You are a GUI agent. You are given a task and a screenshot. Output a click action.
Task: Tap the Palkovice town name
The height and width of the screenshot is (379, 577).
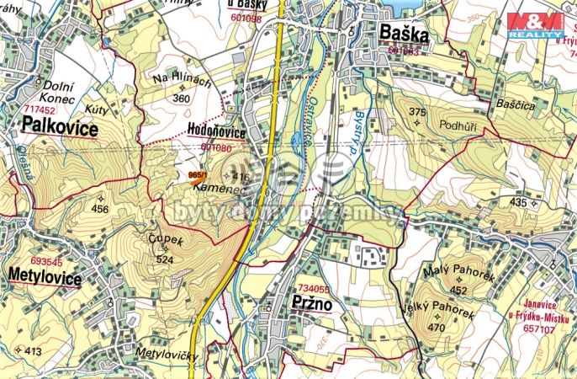[x=60, y=128]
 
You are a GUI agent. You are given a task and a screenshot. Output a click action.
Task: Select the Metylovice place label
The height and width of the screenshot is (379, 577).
[x=45, y=277]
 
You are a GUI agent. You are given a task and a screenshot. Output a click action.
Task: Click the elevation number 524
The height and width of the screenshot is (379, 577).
[x=164, y=260]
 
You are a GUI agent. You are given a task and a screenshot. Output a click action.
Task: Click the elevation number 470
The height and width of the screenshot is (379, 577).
[x=435, y=327]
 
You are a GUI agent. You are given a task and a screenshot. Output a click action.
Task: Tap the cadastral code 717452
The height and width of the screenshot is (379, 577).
[x=40, y=109]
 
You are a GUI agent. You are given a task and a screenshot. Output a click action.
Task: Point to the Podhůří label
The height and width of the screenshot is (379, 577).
[x=458, y=123]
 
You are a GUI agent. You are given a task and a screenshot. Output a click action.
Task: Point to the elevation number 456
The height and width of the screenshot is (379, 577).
[x=100, y=208]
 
